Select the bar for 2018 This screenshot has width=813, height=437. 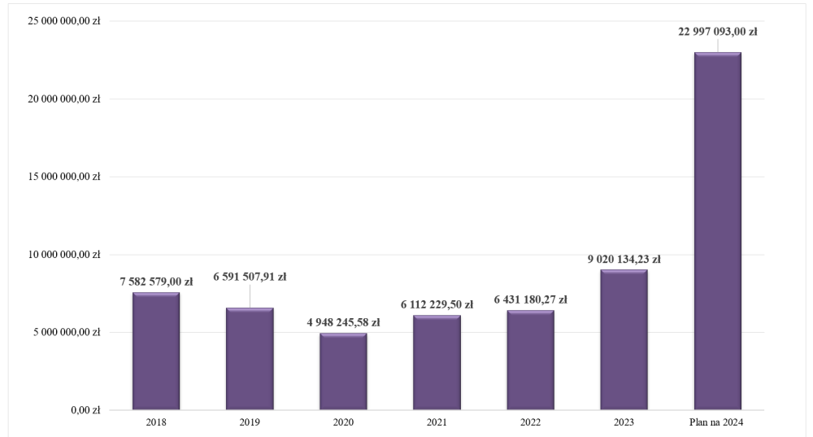[156, 351]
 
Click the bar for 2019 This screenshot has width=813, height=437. [250, 359]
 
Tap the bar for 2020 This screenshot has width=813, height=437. [343, 371]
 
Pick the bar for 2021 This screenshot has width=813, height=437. [437, 362]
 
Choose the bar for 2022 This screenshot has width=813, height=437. [530, 360]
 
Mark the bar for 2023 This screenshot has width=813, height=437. [624, 339]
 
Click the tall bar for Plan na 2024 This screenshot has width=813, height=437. [717, 231]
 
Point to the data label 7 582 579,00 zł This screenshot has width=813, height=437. [155, 282]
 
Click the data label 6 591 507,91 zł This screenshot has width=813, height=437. [250, 277]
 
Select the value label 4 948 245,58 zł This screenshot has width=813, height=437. [343, 322]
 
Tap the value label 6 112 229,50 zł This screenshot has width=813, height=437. [437, 304]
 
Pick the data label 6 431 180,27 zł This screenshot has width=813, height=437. [530, 299]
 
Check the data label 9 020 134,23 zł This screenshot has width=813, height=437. [624, 260]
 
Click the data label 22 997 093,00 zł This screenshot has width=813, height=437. [717, 32]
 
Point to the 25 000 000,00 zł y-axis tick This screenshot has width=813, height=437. [63, 22]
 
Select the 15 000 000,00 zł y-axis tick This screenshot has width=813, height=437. [63, 177]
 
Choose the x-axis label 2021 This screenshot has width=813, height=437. [437, 422]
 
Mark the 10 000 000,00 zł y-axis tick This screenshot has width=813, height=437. [63, 255]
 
